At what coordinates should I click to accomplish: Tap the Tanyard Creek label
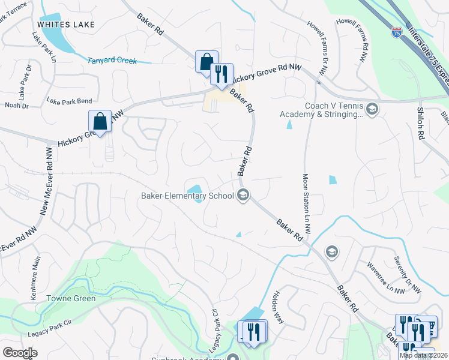pyautogui.click(x=112, y=61)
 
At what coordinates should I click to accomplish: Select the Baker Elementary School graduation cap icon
pyautogui.click(x=243, y=195)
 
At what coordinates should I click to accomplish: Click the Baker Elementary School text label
pyautogui.click(x=187, y=196)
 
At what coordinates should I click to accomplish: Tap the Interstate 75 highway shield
pyautogui.click(x=396, y=34)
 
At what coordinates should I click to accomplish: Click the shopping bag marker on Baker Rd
pyautogui.click(x=206, y=61)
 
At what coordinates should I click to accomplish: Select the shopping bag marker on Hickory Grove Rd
pyautogui.click(x=100, y=121)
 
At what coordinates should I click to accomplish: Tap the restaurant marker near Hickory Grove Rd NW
pyautogui.click(x=221, y=74)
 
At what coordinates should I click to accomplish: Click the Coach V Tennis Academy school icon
pyautogui.click(x=372, y=109)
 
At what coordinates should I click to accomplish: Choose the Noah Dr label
pyautogui.click(x=17, y=106)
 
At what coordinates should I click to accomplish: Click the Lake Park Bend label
pyautogui.click(x=69, y=101)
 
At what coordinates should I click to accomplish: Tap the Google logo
pyautogui.click(x=20, y=352)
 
